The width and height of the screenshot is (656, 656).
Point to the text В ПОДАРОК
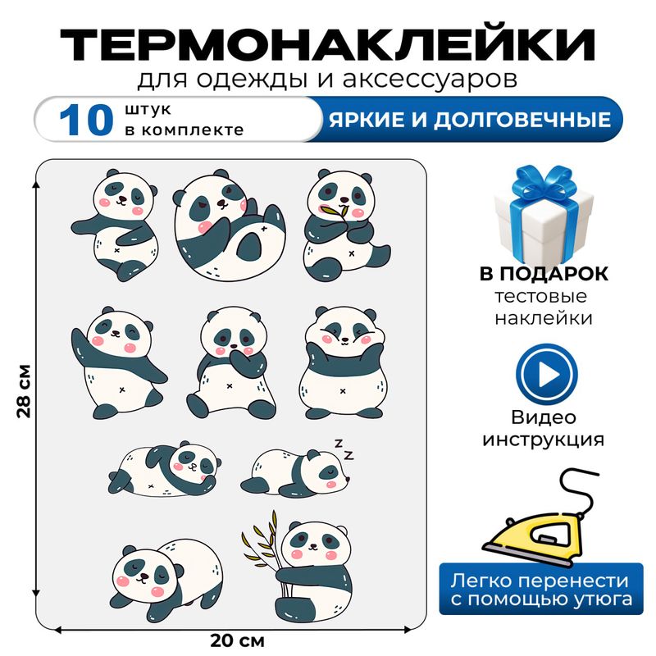(x=544, y=274)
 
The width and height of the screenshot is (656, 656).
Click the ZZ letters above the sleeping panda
(x=343, y=448)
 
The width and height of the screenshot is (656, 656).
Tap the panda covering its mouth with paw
(x=230, y=361)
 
